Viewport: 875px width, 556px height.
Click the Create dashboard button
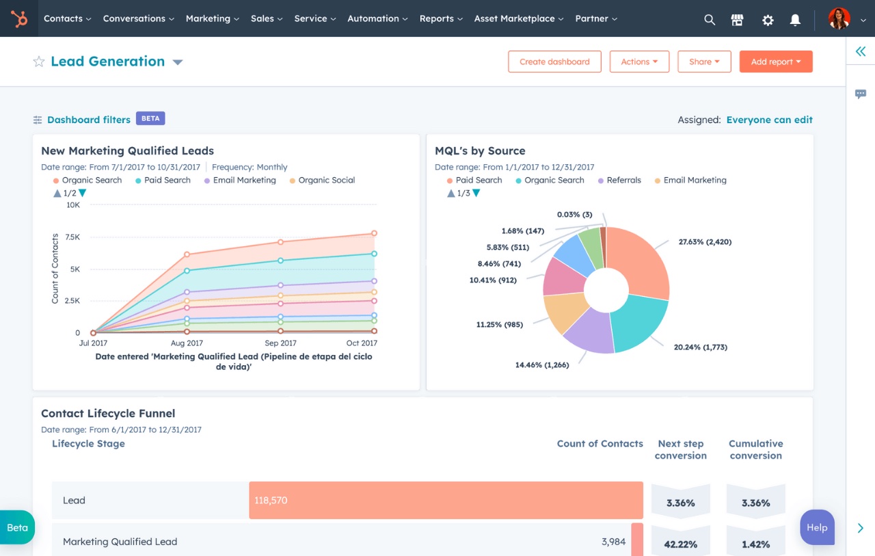554,62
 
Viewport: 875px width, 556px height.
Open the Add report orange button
775,62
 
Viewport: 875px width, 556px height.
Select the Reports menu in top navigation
440,18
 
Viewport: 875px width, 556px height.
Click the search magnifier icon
710,20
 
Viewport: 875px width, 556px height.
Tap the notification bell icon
795,20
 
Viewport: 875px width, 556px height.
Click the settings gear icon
768,20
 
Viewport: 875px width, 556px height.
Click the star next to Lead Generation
39,62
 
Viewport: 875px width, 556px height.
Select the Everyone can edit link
769,120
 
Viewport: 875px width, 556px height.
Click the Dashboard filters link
88,120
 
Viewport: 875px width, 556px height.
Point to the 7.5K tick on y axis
72,237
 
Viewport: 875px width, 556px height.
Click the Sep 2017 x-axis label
280,343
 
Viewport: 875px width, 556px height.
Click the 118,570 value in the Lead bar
271,501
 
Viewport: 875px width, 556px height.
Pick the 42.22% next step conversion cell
680,544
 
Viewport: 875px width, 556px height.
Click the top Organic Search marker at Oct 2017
374,233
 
